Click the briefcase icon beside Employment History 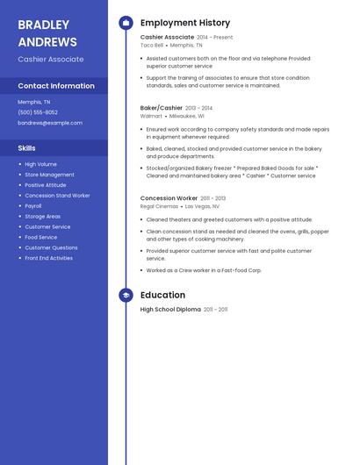(x=126, y=23)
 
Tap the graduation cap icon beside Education (x=126, y=296)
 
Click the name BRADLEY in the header (x=44, y=25)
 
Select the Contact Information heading (x=56, y=86)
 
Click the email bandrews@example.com (x=50, y=123)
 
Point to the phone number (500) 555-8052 (x=38, y=112)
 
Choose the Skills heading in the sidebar (x=27, y=148)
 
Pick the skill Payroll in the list (x=33, y=206)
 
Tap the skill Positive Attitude (x=46, y=185)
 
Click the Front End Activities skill (x=49, y=258)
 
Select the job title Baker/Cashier (x=162, y=108)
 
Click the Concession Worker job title (x=169, y=198)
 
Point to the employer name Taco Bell (x=152, y=45)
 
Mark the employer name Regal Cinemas (x=159, y=206)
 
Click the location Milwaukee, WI (x=187, y=116)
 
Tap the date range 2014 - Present (x=215, y=38)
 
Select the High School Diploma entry (x=170, y=310)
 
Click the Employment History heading (x=185, y=23)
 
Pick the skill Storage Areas (x=43, y=216)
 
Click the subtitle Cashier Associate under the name (x=51, y=60)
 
